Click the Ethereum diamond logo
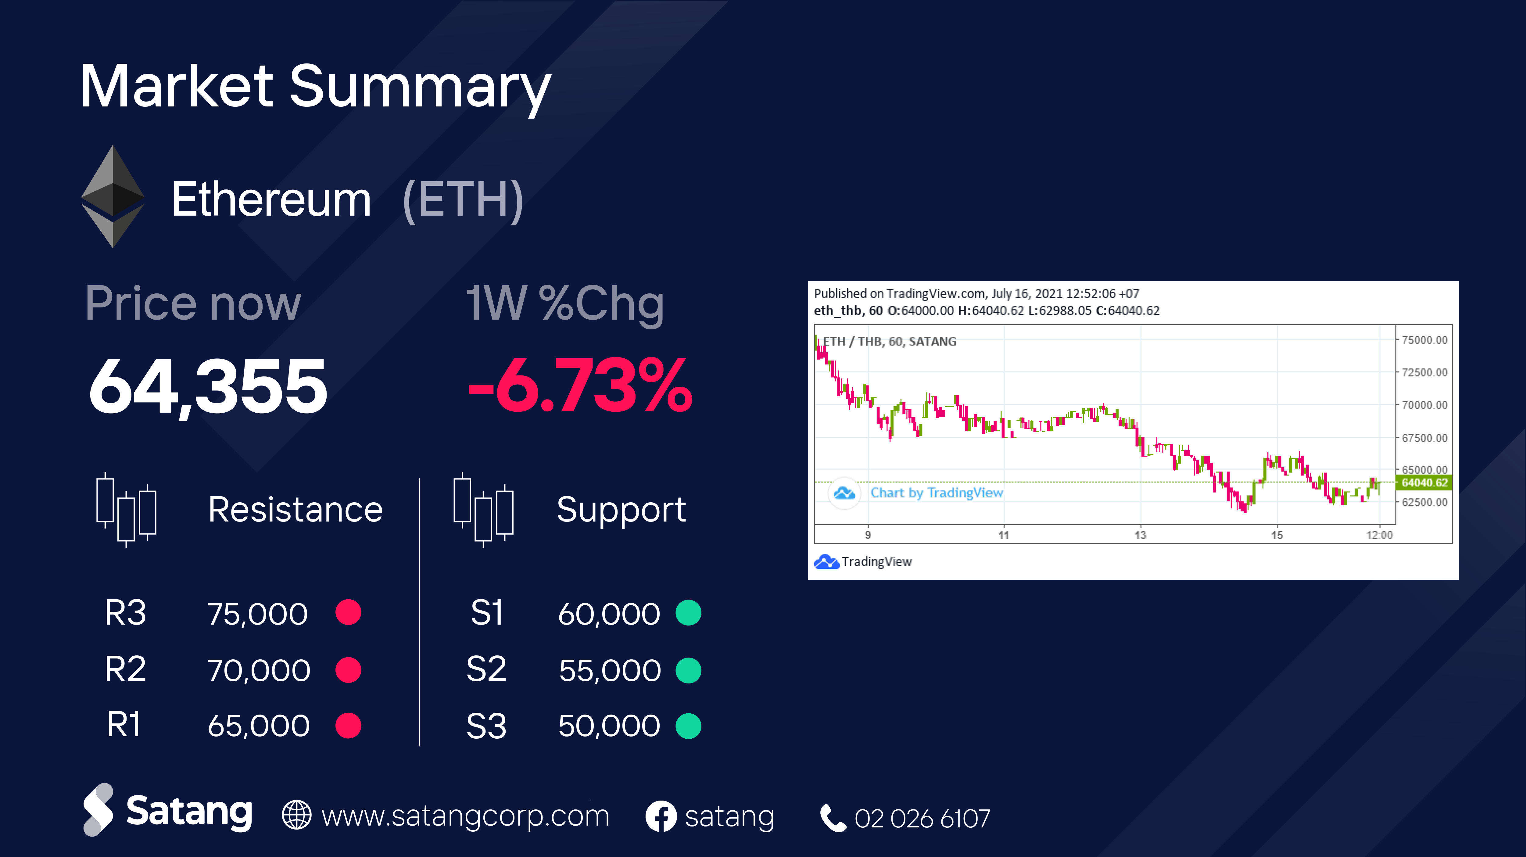113,197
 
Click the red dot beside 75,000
348,612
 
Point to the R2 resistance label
125,669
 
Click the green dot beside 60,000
688,612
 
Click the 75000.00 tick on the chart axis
1424,340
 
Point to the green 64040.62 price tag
1424,483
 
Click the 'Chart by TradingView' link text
936,493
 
